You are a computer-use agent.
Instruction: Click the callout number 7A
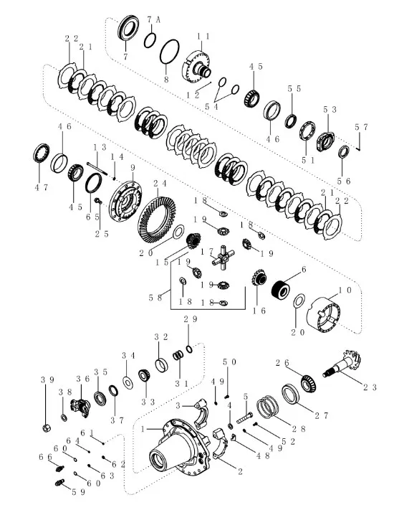pyautogui.click(x=153, y=20)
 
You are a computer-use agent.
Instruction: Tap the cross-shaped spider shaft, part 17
pyautogui.click(x=224, y=258)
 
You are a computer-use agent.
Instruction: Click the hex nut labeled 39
pyautogui.click(x=46, y=428)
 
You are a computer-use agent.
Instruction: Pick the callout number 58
pyautogui.click(x=155, y=298)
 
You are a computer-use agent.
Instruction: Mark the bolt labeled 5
pyautogui.click(x=244, y=417)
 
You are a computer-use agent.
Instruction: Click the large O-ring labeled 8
pyautogui.click(x=169, y=52)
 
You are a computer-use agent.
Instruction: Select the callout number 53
pyautogui.click(x=330, y=110)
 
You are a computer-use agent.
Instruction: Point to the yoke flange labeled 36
pyautogui.click(x=80, y=407)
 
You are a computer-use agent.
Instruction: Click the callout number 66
pyautogui.click(x=45, y=457)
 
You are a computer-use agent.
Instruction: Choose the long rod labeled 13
pyautogui.click(x=97, y=169)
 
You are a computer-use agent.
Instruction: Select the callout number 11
pyautogui.click(x=203, y=37)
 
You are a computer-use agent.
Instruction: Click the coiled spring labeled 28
pyautogui.click(x=268, y=407)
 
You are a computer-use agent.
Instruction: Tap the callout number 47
pyautogui.click(x=42, y=188)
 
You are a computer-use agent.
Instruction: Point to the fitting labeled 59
pyautogui.click(x=59, y=482)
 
